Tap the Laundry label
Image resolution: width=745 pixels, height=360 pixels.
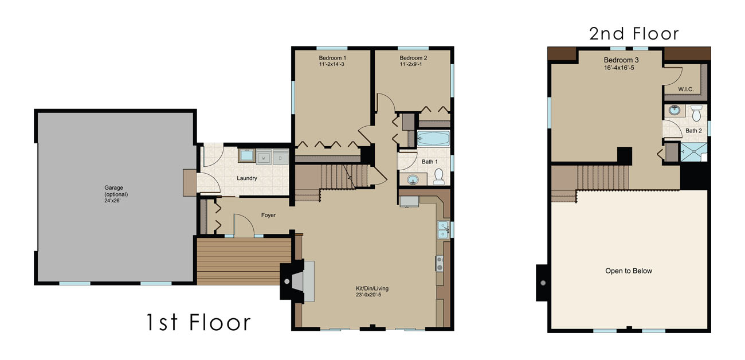click(247, 178)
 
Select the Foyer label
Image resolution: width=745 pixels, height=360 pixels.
click(268, 216)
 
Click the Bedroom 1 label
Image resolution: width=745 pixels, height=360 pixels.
click(332, 61)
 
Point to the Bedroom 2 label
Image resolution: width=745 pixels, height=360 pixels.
click(413, 61)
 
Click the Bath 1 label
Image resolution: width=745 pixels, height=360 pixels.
click(429, 162)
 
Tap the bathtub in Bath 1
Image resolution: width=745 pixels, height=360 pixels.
click(433, 139)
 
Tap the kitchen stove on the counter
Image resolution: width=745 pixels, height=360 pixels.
click(440, 263)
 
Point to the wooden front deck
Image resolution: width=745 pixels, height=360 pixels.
click(244, 261)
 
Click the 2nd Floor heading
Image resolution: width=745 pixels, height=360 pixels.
click(634, 33)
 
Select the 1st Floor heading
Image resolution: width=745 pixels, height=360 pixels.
click(198, 322)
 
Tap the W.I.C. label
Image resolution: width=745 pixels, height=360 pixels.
click(686, 89)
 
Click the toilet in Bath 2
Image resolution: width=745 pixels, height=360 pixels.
click(696, 114)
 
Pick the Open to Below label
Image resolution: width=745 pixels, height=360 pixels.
click(629, 271)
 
